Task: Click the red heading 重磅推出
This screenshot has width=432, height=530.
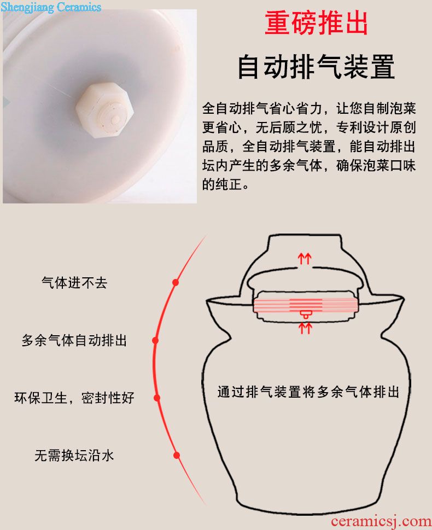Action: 316,22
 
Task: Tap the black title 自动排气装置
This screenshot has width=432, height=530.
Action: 316,67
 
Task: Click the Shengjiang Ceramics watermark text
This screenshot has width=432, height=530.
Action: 51,7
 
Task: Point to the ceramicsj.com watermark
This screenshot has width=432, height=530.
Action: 381,522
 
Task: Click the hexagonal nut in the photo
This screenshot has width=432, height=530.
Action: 104,110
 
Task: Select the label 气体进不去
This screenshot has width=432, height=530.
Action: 74,283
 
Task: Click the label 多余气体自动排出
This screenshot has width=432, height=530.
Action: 74,340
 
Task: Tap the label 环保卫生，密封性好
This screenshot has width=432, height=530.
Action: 74,398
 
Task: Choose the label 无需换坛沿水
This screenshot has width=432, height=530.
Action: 74,455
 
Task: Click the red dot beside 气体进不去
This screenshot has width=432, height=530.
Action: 176,282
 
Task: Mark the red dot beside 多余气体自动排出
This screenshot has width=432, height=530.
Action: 155,340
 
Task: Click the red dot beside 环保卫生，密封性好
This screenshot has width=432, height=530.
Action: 157,398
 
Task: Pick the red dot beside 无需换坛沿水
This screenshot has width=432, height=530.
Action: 177,456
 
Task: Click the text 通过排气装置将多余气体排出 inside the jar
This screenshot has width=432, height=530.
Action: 308,392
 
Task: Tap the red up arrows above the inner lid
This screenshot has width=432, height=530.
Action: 305,259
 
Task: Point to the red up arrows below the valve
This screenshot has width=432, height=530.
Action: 305,328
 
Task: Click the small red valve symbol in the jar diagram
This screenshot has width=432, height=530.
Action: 305,314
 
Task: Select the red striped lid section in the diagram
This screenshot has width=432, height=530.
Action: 305,305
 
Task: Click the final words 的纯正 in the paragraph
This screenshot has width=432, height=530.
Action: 222,184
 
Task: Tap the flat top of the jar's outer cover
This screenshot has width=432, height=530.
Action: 305,236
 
